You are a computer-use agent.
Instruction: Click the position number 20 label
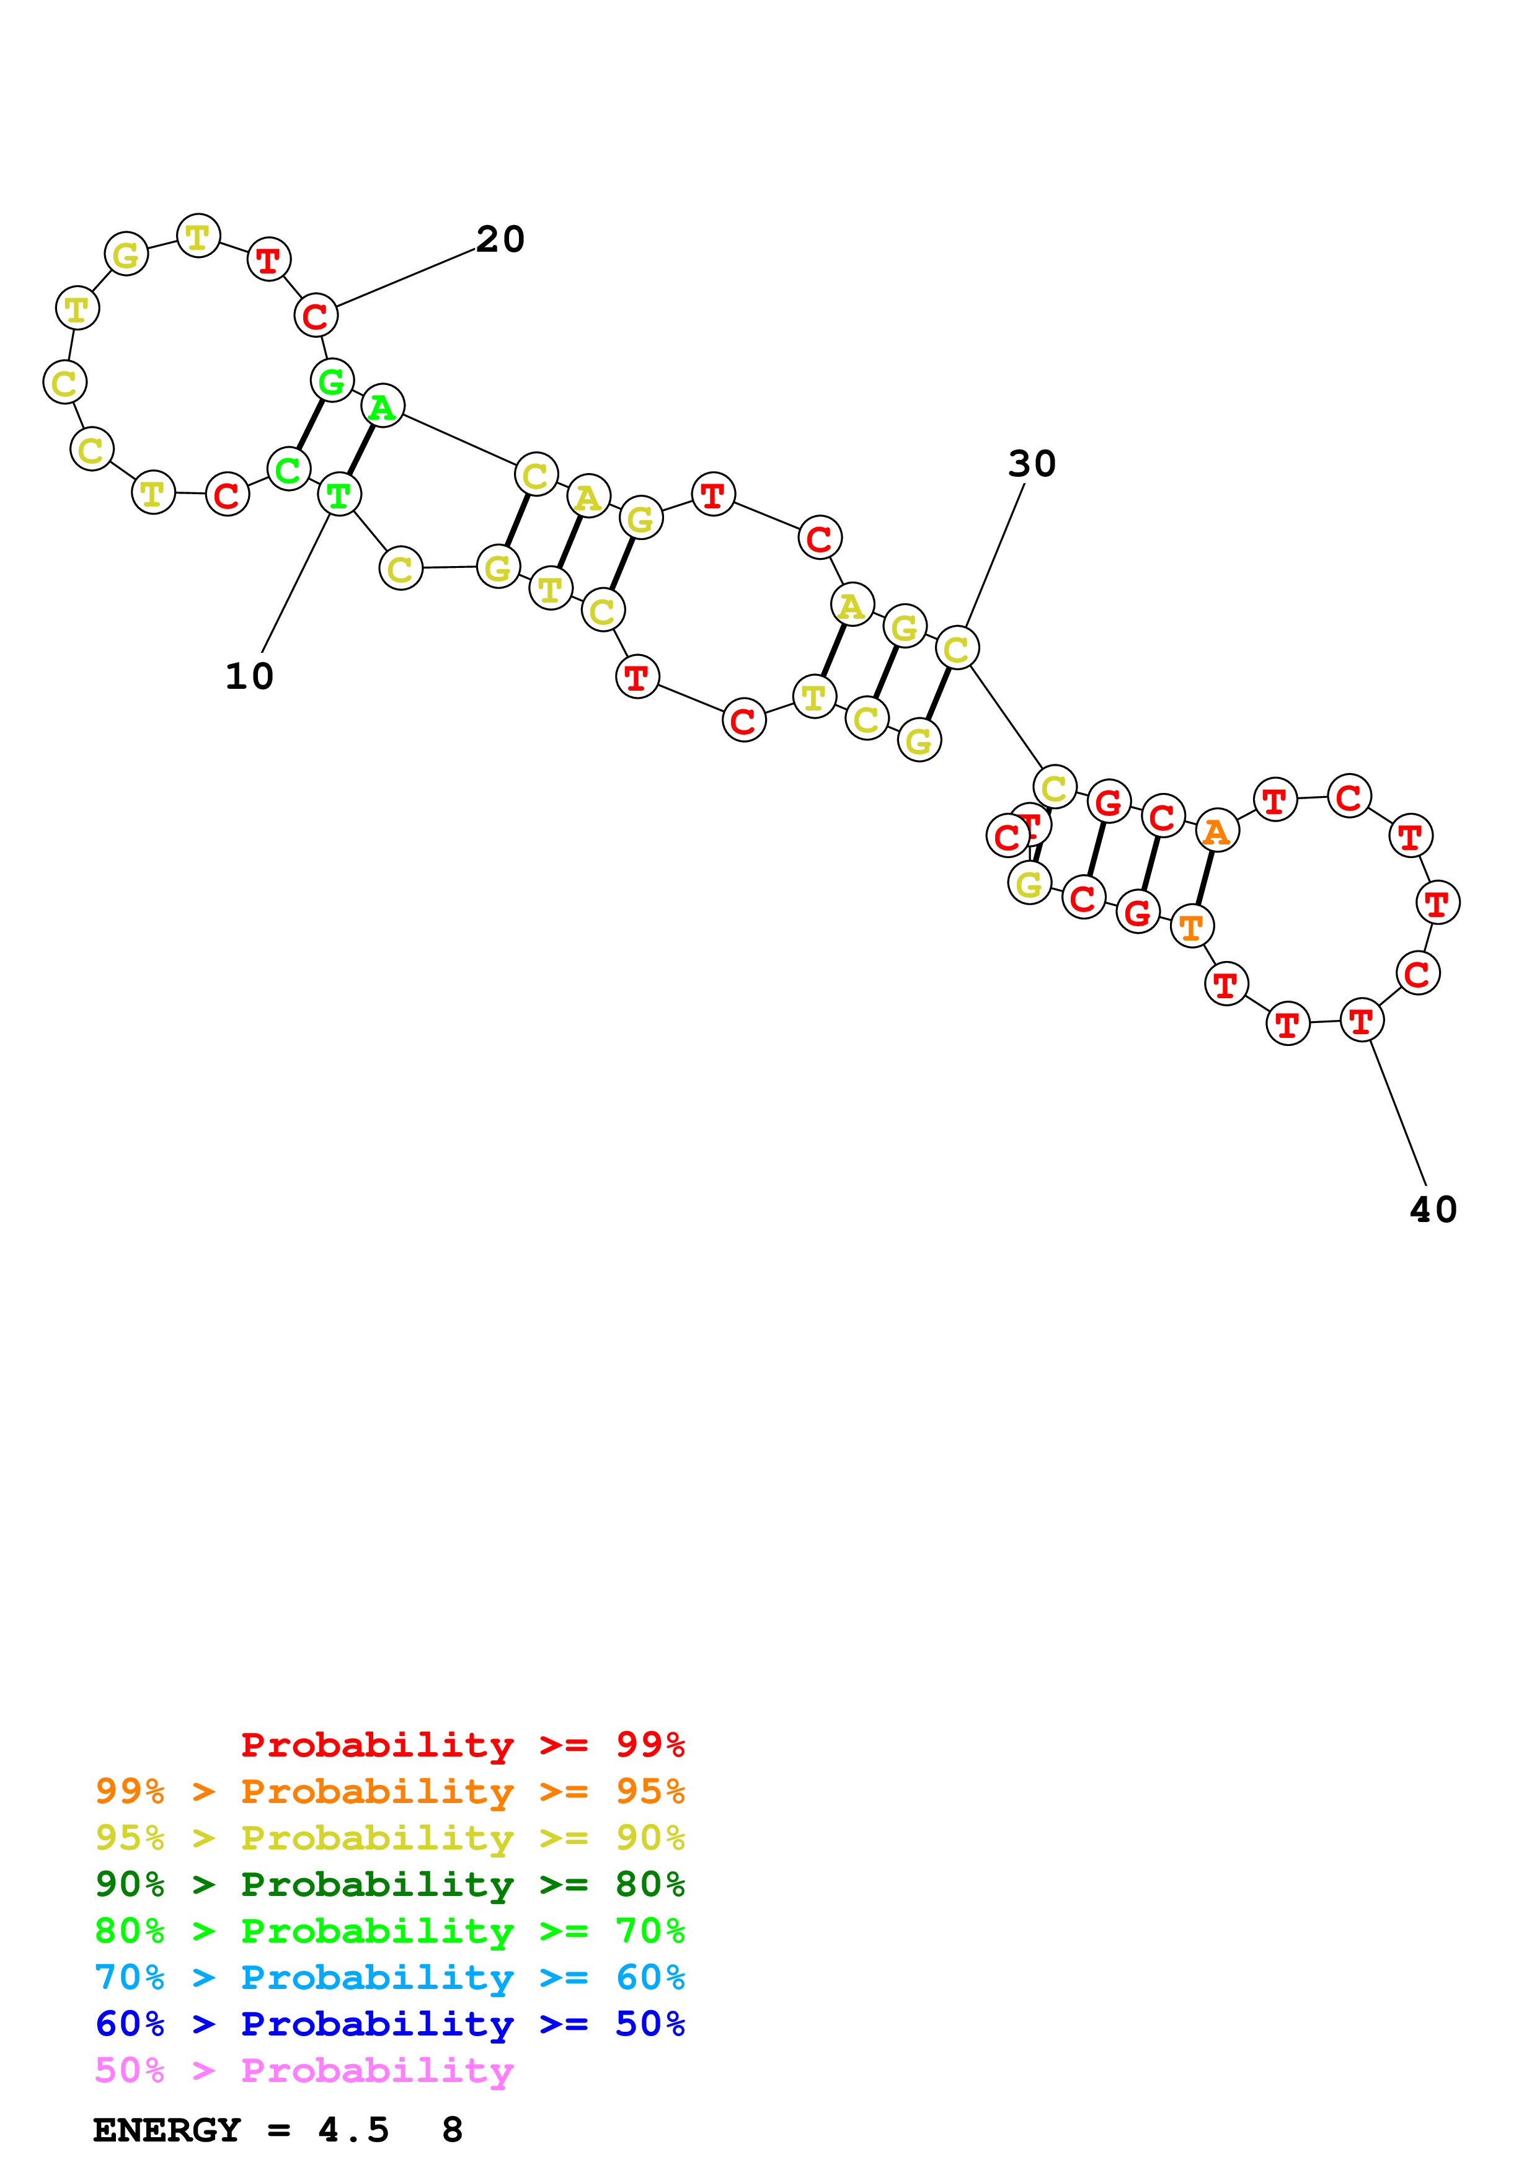[500, 240]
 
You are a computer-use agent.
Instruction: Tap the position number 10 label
[249, 676]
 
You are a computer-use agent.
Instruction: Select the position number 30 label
[1031, 464]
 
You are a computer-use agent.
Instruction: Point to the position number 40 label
[1433, 1210]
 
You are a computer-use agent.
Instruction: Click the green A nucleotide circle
[383, 406]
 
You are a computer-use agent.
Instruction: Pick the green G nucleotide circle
[332, 381]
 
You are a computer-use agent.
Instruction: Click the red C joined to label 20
[316, 316]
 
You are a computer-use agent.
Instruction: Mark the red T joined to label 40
[1362, 1021]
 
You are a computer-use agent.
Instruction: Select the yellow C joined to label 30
[957, 648]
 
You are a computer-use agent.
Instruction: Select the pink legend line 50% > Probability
[303, 2070]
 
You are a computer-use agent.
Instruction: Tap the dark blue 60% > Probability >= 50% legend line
[389, 2024]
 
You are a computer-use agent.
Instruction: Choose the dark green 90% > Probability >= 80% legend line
[389, 1884]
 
